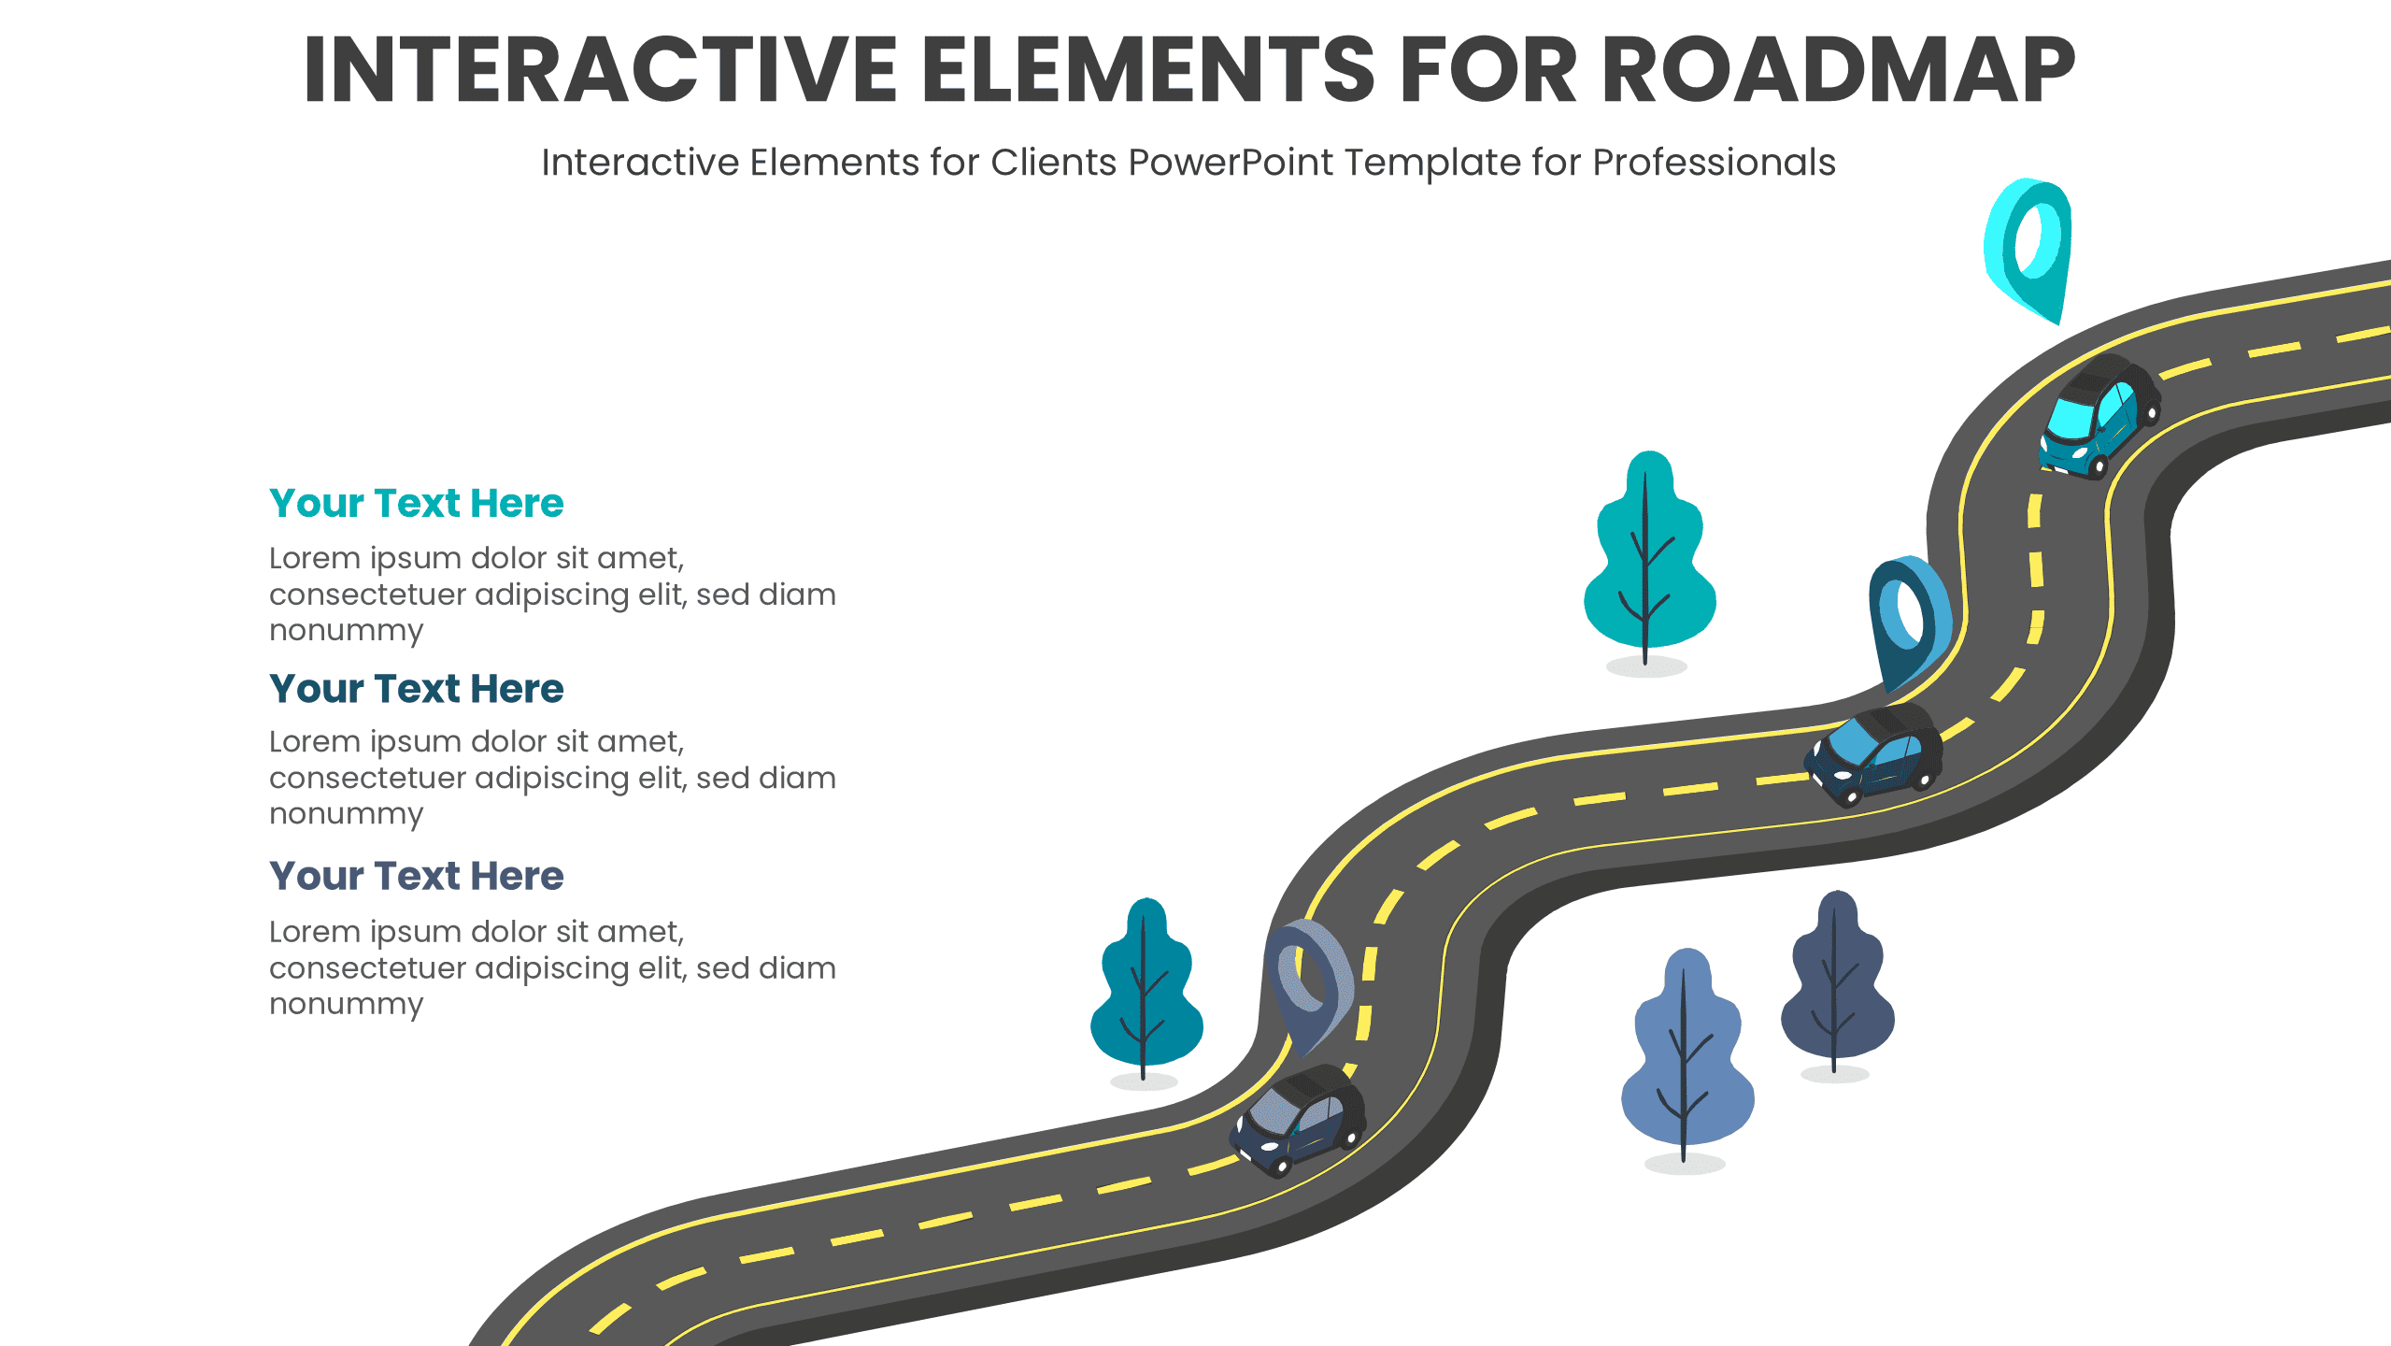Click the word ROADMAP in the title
click(1838, 70)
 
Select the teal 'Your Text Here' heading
click(416, 504)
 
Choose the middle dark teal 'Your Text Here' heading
click(416, 689)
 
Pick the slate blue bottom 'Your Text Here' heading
click(416, 877)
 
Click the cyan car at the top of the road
click(2099, 417)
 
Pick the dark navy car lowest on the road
click(1299, 1120)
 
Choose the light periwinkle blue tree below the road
click(1687, 1056)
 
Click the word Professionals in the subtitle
click(1714, 163)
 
